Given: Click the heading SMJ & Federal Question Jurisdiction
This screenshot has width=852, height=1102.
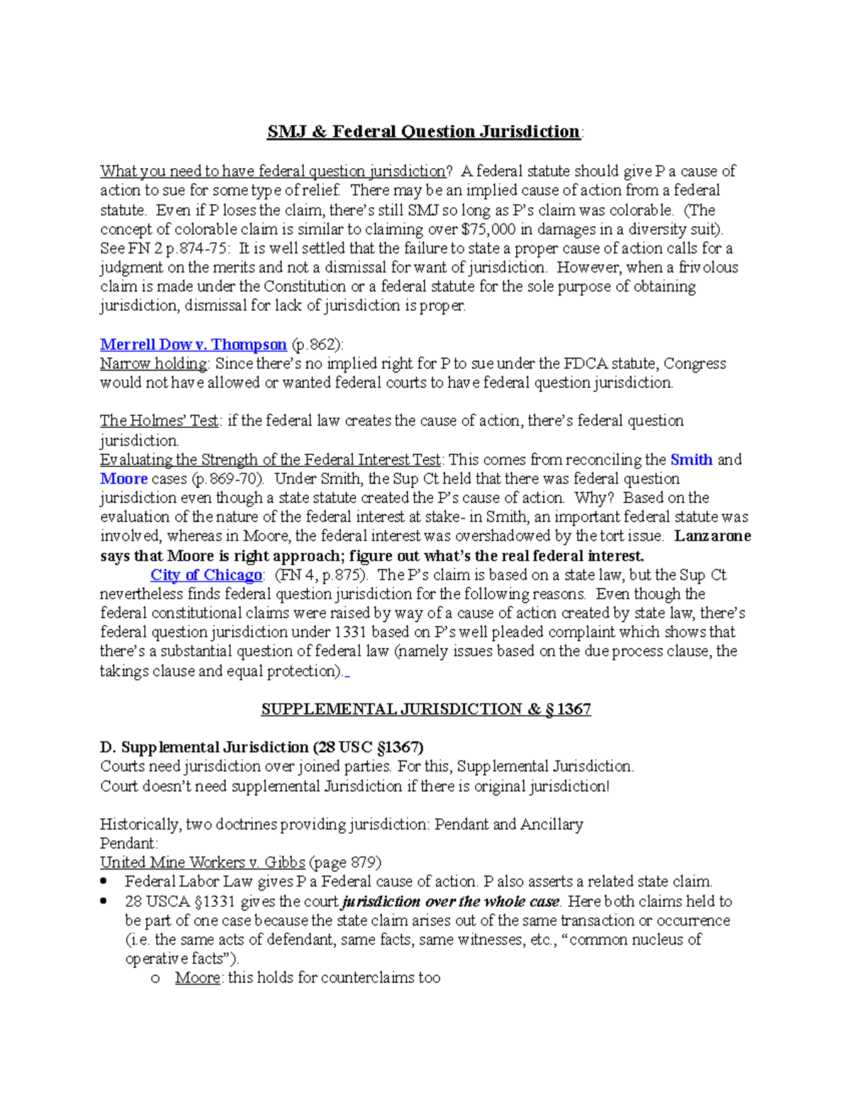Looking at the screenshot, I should click(x=424, y=132).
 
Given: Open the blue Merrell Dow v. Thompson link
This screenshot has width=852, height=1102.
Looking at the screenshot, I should click(x=193, y=345).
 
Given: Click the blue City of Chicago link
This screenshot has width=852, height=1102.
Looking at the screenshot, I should click(x=206, y=575).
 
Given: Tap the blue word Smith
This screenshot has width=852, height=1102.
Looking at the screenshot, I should click(x=691, y=460).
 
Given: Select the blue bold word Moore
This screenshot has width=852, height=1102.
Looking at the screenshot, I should click(x=124, y=479).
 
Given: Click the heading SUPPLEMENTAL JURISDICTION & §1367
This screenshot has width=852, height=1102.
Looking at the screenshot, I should click(x=425, y=710).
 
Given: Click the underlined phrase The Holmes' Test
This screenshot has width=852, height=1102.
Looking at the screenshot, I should click(x=159, y=421).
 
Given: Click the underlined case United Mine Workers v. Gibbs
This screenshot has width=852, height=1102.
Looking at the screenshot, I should click(x=202, y=863).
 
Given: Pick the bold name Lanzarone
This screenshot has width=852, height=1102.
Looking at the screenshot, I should click(x=712, y=536).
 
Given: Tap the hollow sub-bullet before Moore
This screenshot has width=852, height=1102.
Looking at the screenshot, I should click(x=155, y=979).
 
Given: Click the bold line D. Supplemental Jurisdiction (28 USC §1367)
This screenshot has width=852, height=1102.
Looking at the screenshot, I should click(x=261, y=748).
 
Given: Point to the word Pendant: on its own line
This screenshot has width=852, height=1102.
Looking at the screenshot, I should click(x=129, y=844).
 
